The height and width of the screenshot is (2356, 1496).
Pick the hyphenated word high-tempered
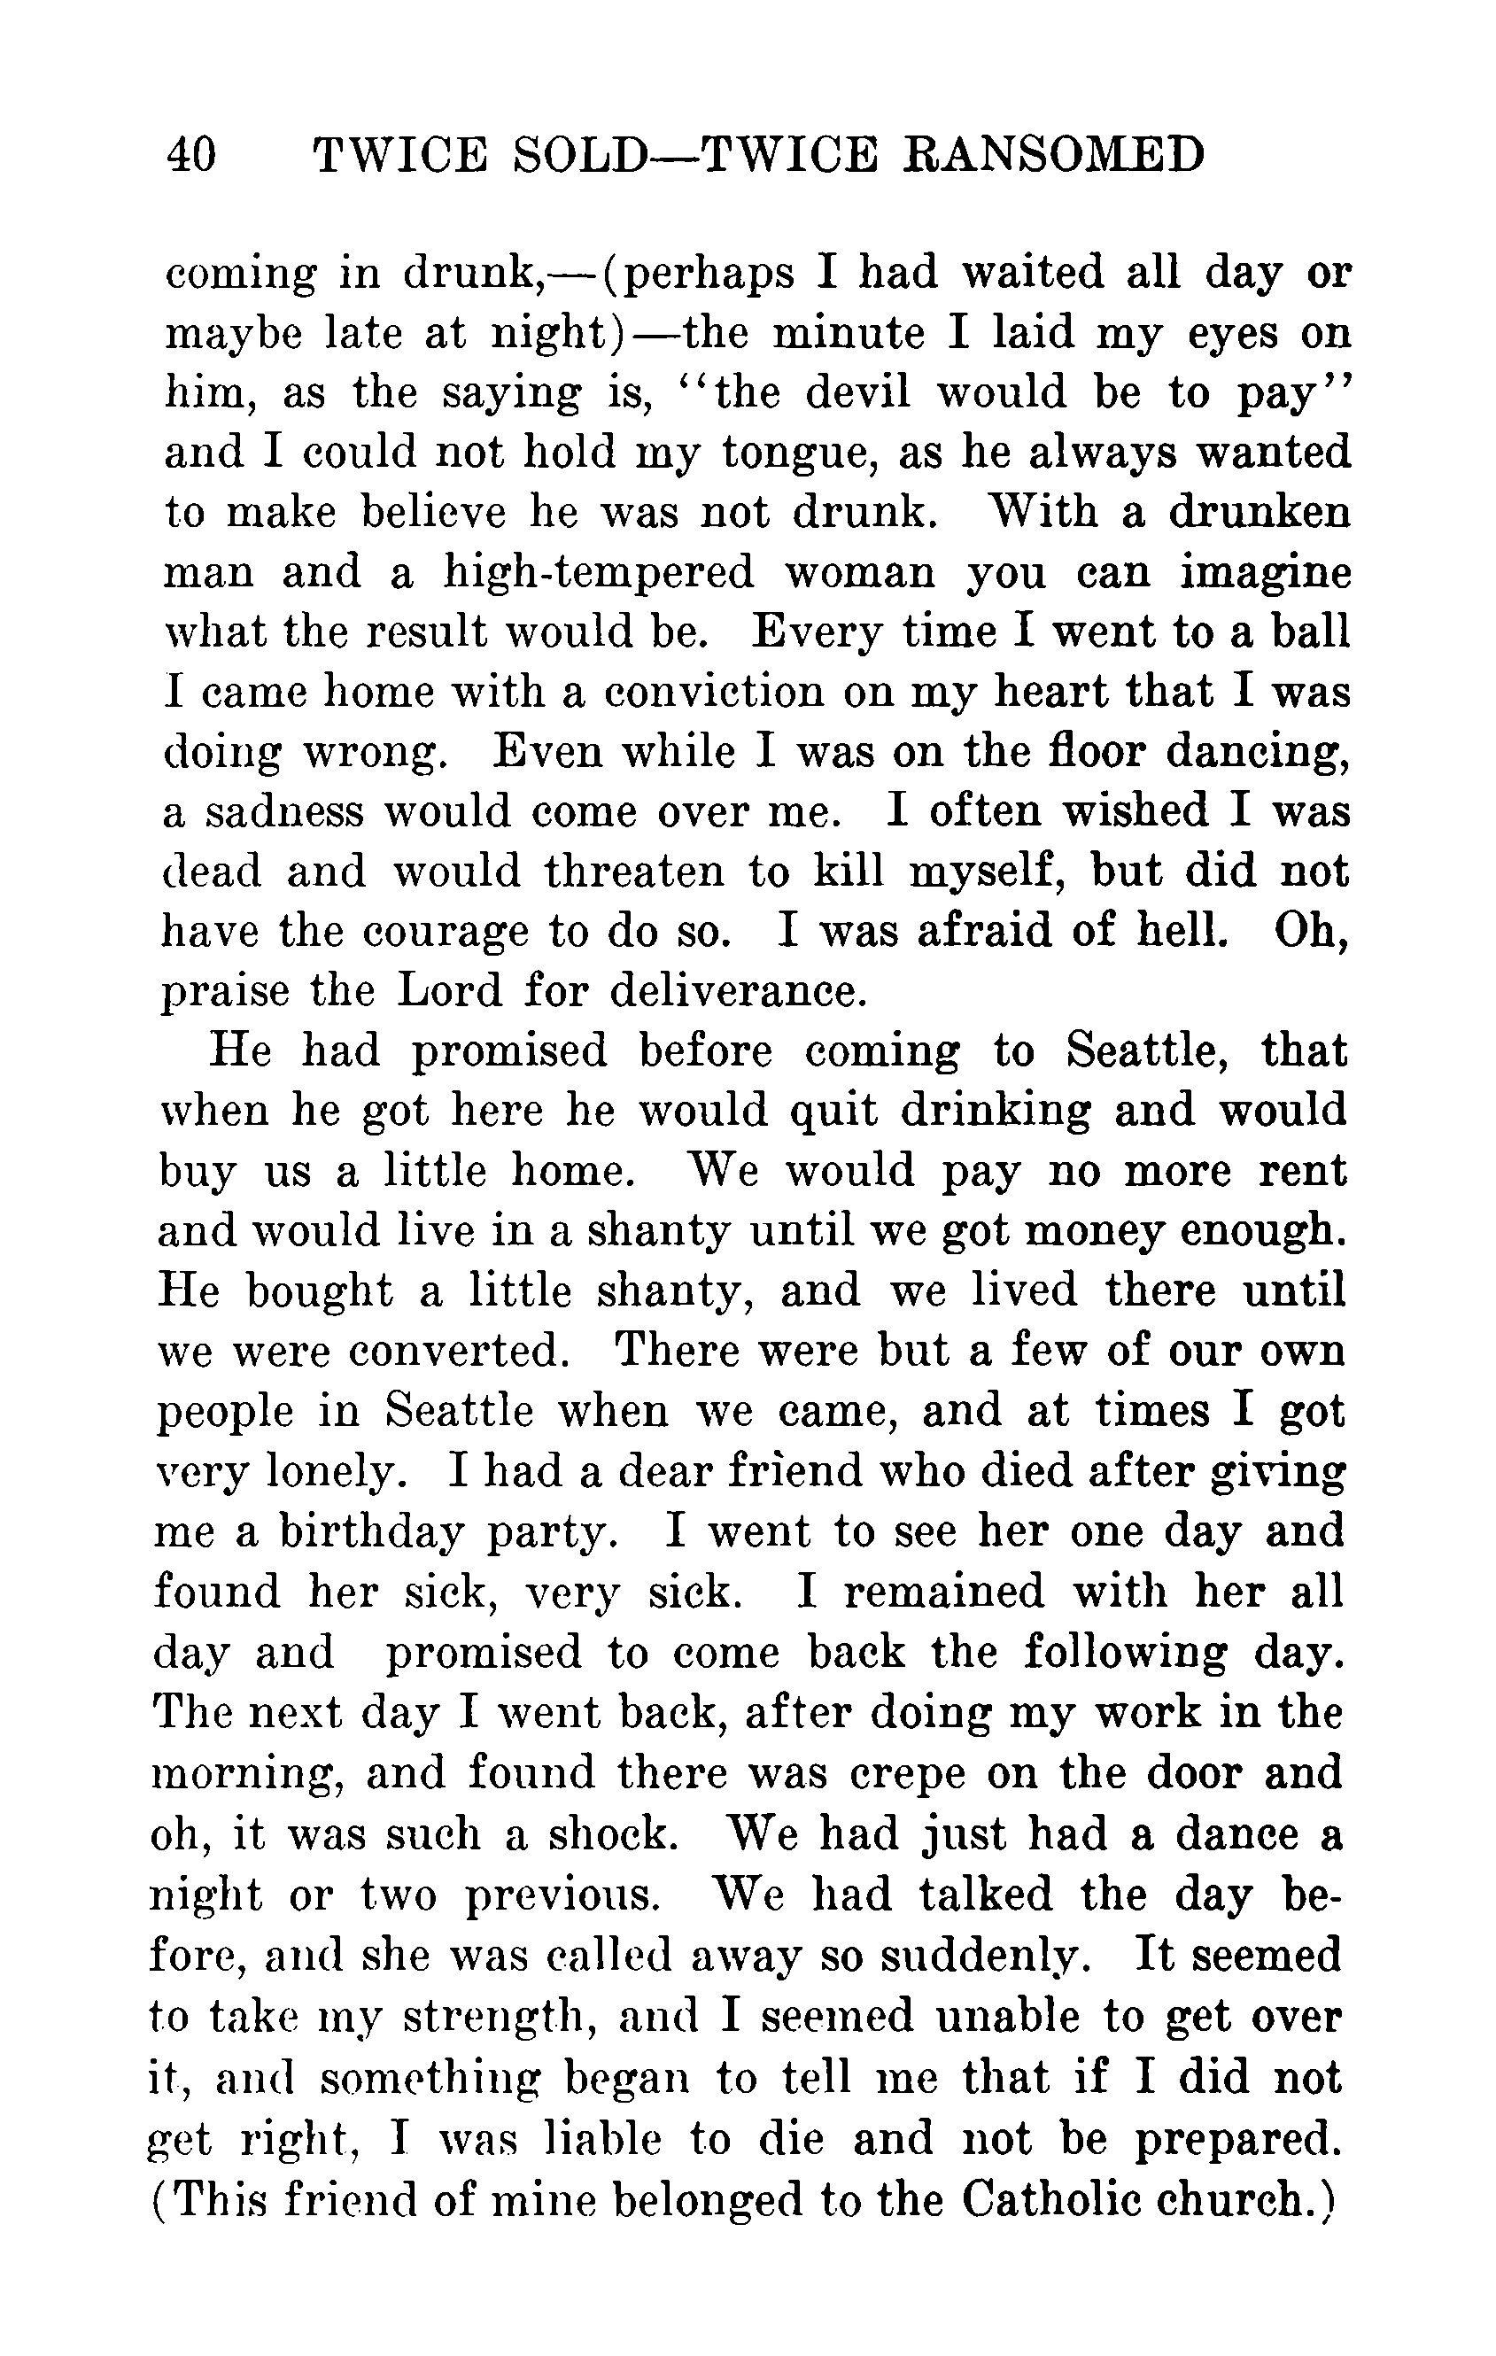tap(599, 573)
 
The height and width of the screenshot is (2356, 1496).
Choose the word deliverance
tap(739, 991)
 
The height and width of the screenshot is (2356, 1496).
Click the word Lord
tap(449, 991)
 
